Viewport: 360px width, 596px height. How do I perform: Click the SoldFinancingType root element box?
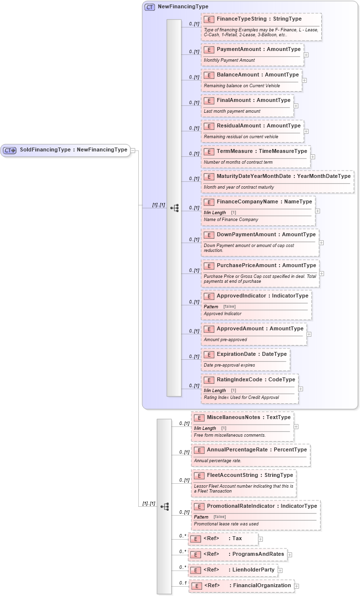tap(66, 150)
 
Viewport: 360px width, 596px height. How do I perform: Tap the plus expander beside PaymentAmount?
tap(306, 55)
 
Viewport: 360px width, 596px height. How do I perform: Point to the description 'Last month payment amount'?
tap(232, 111)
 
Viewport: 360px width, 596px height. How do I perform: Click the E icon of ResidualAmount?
tap(208, 126)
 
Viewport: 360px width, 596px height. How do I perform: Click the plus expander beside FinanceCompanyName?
tap(317, 211)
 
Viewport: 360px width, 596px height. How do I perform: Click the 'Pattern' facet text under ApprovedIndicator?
tap(211, 306)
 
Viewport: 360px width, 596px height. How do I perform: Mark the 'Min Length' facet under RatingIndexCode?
tap(215, 390)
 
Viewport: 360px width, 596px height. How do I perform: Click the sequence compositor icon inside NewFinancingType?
tap(175, 208)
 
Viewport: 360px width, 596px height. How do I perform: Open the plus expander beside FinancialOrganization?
tap(297, 586)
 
